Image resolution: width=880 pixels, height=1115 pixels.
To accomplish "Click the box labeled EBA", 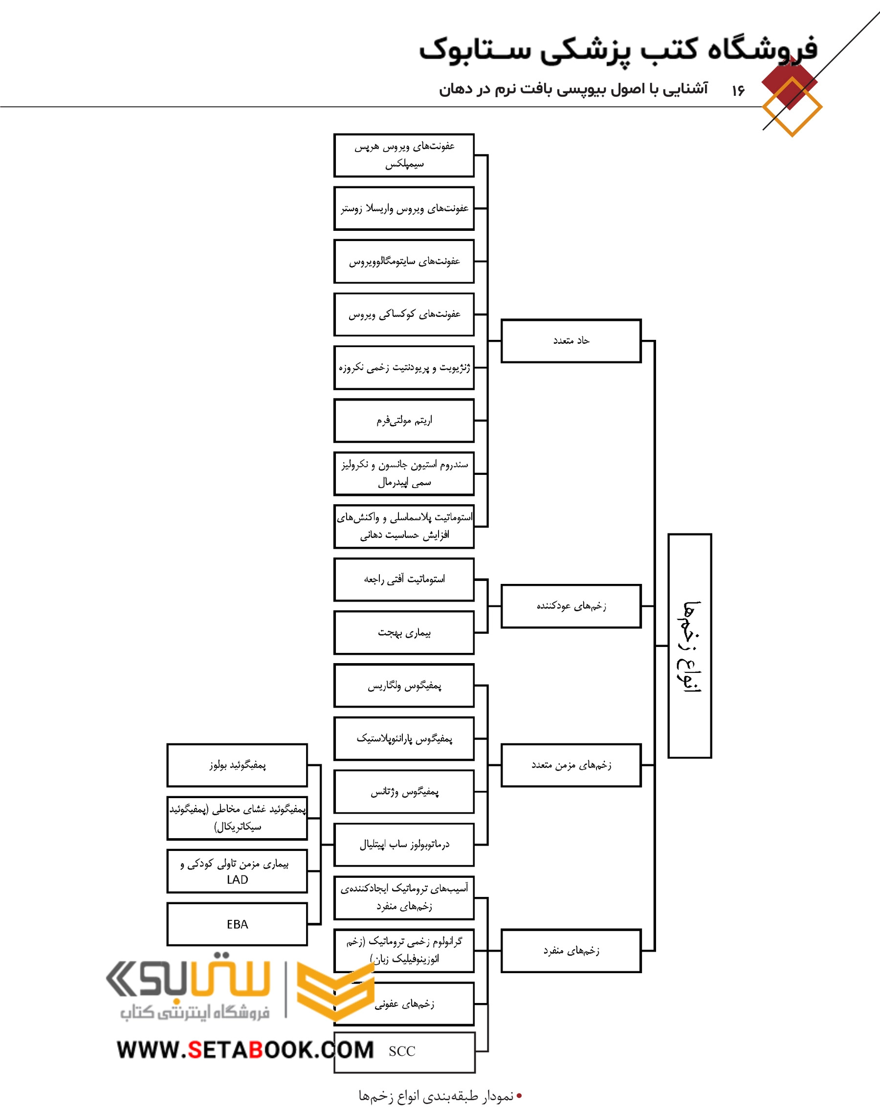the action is (x=237, y=924).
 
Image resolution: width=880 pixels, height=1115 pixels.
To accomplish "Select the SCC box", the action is (x=404, y=1051).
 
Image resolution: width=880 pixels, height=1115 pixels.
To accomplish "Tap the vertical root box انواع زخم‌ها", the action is (x=689, y=646).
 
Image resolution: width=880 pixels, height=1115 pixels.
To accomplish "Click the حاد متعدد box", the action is (x=571, y=340).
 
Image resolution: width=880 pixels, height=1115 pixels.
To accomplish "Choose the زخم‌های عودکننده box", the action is (x=571, y=606).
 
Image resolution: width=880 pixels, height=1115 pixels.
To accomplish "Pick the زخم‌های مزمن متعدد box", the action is (x=571, y=765).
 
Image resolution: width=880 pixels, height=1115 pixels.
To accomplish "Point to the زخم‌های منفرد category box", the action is (x=571, y=951).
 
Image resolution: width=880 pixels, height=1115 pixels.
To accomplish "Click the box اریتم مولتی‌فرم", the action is (x=404, y=421).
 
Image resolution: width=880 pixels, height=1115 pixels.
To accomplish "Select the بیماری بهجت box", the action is (x=404, y=633).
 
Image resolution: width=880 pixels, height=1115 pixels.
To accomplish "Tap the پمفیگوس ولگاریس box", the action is (x=404, y=686).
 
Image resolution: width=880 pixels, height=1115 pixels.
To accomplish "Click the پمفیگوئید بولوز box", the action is (x=237, y=765).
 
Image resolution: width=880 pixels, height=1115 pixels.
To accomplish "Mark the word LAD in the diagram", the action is (x=237, y=880).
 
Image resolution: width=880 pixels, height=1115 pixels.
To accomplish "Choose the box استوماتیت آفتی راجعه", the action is (x=404, y=580).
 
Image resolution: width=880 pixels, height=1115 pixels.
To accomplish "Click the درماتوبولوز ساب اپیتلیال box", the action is (x=404, y=845).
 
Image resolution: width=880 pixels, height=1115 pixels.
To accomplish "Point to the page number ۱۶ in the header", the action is (x=738, y=90).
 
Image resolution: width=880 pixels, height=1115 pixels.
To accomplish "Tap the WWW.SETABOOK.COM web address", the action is (x=245, y=1049).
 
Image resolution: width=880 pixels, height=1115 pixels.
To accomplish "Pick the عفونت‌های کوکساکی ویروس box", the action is (x=404, y=314).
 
